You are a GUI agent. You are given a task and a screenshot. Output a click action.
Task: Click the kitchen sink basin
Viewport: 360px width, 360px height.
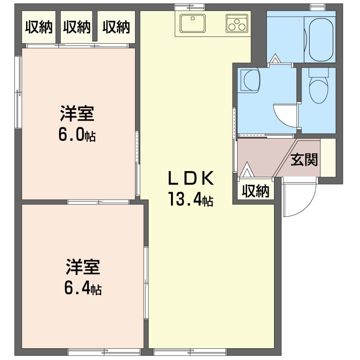click(x=193, y=23)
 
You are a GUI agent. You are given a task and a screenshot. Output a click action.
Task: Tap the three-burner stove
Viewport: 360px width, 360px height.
click(x=237, y=23)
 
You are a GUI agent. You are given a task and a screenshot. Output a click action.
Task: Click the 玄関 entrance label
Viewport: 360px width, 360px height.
click(x=304, y=160)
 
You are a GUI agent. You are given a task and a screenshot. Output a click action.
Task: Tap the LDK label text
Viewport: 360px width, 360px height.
click(x=191, y=178)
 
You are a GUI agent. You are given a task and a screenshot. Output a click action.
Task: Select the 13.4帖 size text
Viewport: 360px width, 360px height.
click(x=191, y=199)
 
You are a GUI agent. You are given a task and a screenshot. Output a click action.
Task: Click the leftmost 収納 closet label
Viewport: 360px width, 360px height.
click(x=39, y=27)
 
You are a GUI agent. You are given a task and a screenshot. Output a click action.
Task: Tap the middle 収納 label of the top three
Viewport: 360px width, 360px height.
click(x=76, y=27)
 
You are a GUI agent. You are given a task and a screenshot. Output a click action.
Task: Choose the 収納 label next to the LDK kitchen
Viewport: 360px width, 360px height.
click(x=116, y=27)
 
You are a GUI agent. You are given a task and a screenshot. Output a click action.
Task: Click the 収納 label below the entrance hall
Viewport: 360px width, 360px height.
click(x=256, y=191)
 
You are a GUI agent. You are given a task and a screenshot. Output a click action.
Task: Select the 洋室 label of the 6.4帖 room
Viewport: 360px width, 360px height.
click(x=83, y=267)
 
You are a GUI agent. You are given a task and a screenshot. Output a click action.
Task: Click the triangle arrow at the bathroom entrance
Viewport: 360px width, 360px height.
click(x=275, y=58)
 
